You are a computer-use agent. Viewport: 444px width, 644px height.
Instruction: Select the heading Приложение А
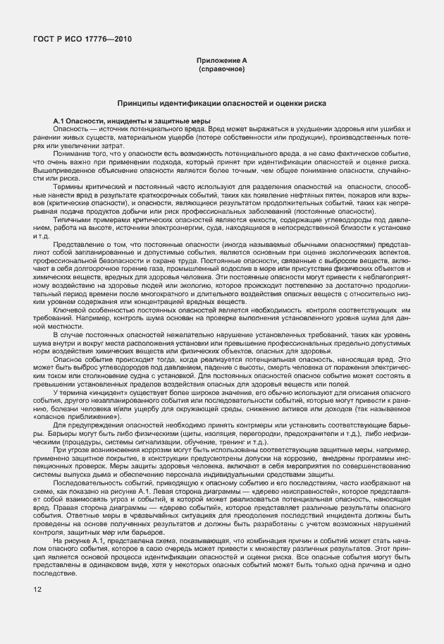click(x=221, y=62)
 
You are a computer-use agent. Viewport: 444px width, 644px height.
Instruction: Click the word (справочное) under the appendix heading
click(x=221, y=70)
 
